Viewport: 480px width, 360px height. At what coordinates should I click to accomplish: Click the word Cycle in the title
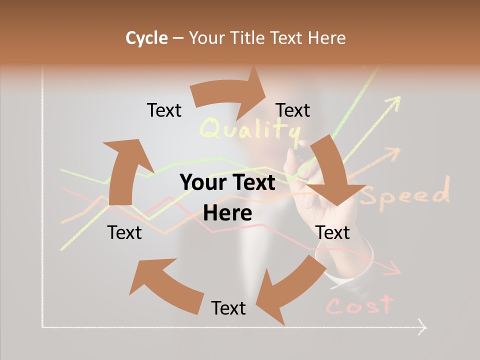146,38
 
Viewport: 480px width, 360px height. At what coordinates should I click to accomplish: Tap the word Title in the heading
249,38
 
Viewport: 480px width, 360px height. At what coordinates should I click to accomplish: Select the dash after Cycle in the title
178,38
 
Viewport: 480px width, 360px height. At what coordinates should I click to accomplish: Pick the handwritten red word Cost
358,305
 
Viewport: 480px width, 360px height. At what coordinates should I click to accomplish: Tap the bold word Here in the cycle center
227,213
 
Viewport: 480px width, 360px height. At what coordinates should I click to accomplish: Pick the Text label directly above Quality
293,110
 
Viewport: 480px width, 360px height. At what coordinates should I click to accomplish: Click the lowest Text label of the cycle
228,308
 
